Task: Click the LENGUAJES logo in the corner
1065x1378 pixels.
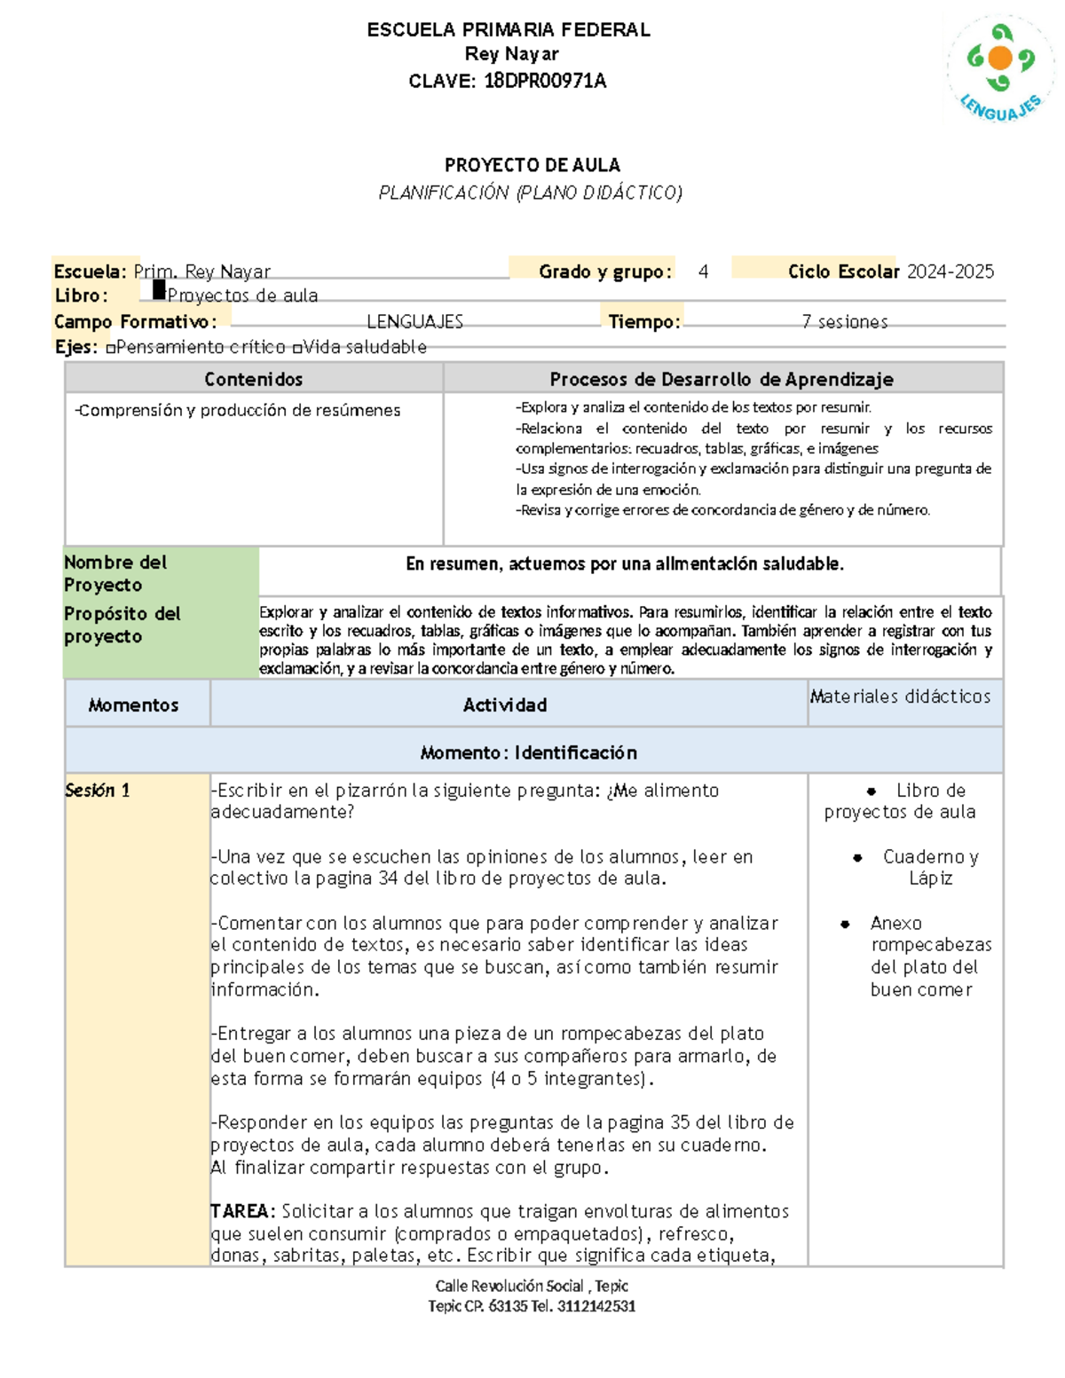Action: tap(1000, 69)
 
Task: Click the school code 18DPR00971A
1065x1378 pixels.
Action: tap(544, 82)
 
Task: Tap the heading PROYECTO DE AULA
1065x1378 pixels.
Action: tap(532, 165)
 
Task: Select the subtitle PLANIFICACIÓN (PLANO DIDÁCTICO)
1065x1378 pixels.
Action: tap(530, 193)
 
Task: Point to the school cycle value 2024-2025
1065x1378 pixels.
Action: tap(951, 272)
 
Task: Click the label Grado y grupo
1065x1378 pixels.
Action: tap(604, 272)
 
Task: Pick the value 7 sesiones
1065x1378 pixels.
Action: tap(844, 322)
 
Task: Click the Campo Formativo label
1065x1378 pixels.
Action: tap(135, 322)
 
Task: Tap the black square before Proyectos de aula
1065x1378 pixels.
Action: tap(159, 290)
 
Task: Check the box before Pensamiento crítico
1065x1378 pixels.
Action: tap(111, 349)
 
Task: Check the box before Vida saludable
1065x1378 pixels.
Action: tap(297, 349)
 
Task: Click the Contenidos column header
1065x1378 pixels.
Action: tap(253, 380)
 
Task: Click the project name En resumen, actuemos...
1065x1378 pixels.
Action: tap(624, 564)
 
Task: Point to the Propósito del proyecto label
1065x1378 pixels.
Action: tap(122, 625)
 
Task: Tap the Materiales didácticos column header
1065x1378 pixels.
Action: tap(900, 697)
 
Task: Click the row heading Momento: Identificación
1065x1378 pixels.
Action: tap(528, 752)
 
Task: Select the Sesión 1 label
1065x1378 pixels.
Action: tap(98, 791)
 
